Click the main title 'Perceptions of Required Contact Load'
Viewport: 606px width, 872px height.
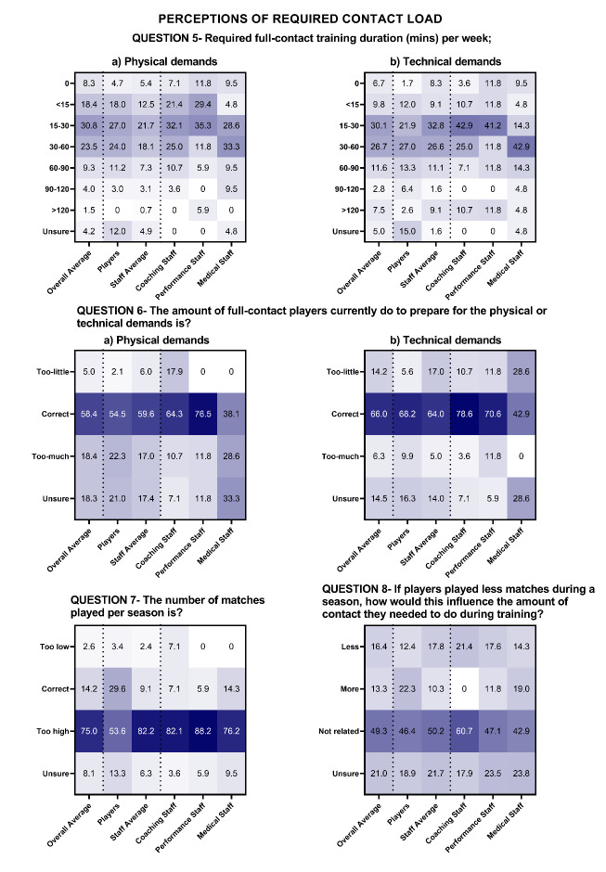pos(302,18)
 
